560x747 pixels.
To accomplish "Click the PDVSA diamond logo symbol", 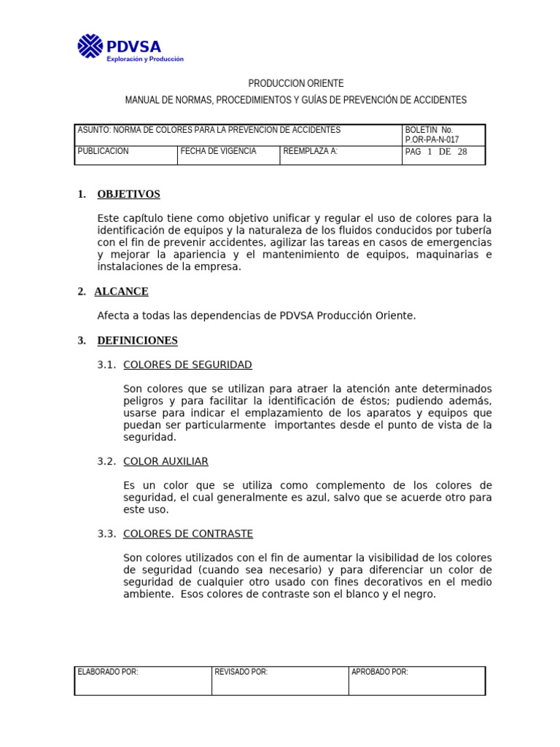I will [91, 45].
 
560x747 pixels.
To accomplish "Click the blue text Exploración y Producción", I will [145, 59].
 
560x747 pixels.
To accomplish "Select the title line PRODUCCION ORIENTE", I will [295, 84].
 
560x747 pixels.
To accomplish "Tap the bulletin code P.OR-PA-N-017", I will [432, 140].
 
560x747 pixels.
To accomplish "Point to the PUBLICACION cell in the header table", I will [104, 151].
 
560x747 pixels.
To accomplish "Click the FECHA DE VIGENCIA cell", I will [219, 151].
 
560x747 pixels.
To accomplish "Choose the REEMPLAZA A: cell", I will [311, 151].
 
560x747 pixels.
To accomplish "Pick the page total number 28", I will [462, 152].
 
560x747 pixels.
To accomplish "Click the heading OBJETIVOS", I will [128, 194].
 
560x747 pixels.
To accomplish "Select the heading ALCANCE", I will [121, 291].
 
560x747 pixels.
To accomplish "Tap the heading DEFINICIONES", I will [137, 340].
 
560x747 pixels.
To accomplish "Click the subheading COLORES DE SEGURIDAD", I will [188, 364].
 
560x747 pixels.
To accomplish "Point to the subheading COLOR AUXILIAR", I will [166, 461].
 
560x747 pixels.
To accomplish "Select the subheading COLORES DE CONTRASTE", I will [188, 534].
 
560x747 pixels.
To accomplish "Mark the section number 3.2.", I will [106, 461].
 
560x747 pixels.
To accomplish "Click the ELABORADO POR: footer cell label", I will [108, 672].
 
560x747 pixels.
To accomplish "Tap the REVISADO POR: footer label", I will [241, 672].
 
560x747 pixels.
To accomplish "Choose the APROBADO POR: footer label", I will [380, 672].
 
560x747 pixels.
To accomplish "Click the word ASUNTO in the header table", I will [93, 130].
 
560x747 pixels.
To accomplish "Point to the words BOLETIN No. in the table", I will [429, 130].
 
